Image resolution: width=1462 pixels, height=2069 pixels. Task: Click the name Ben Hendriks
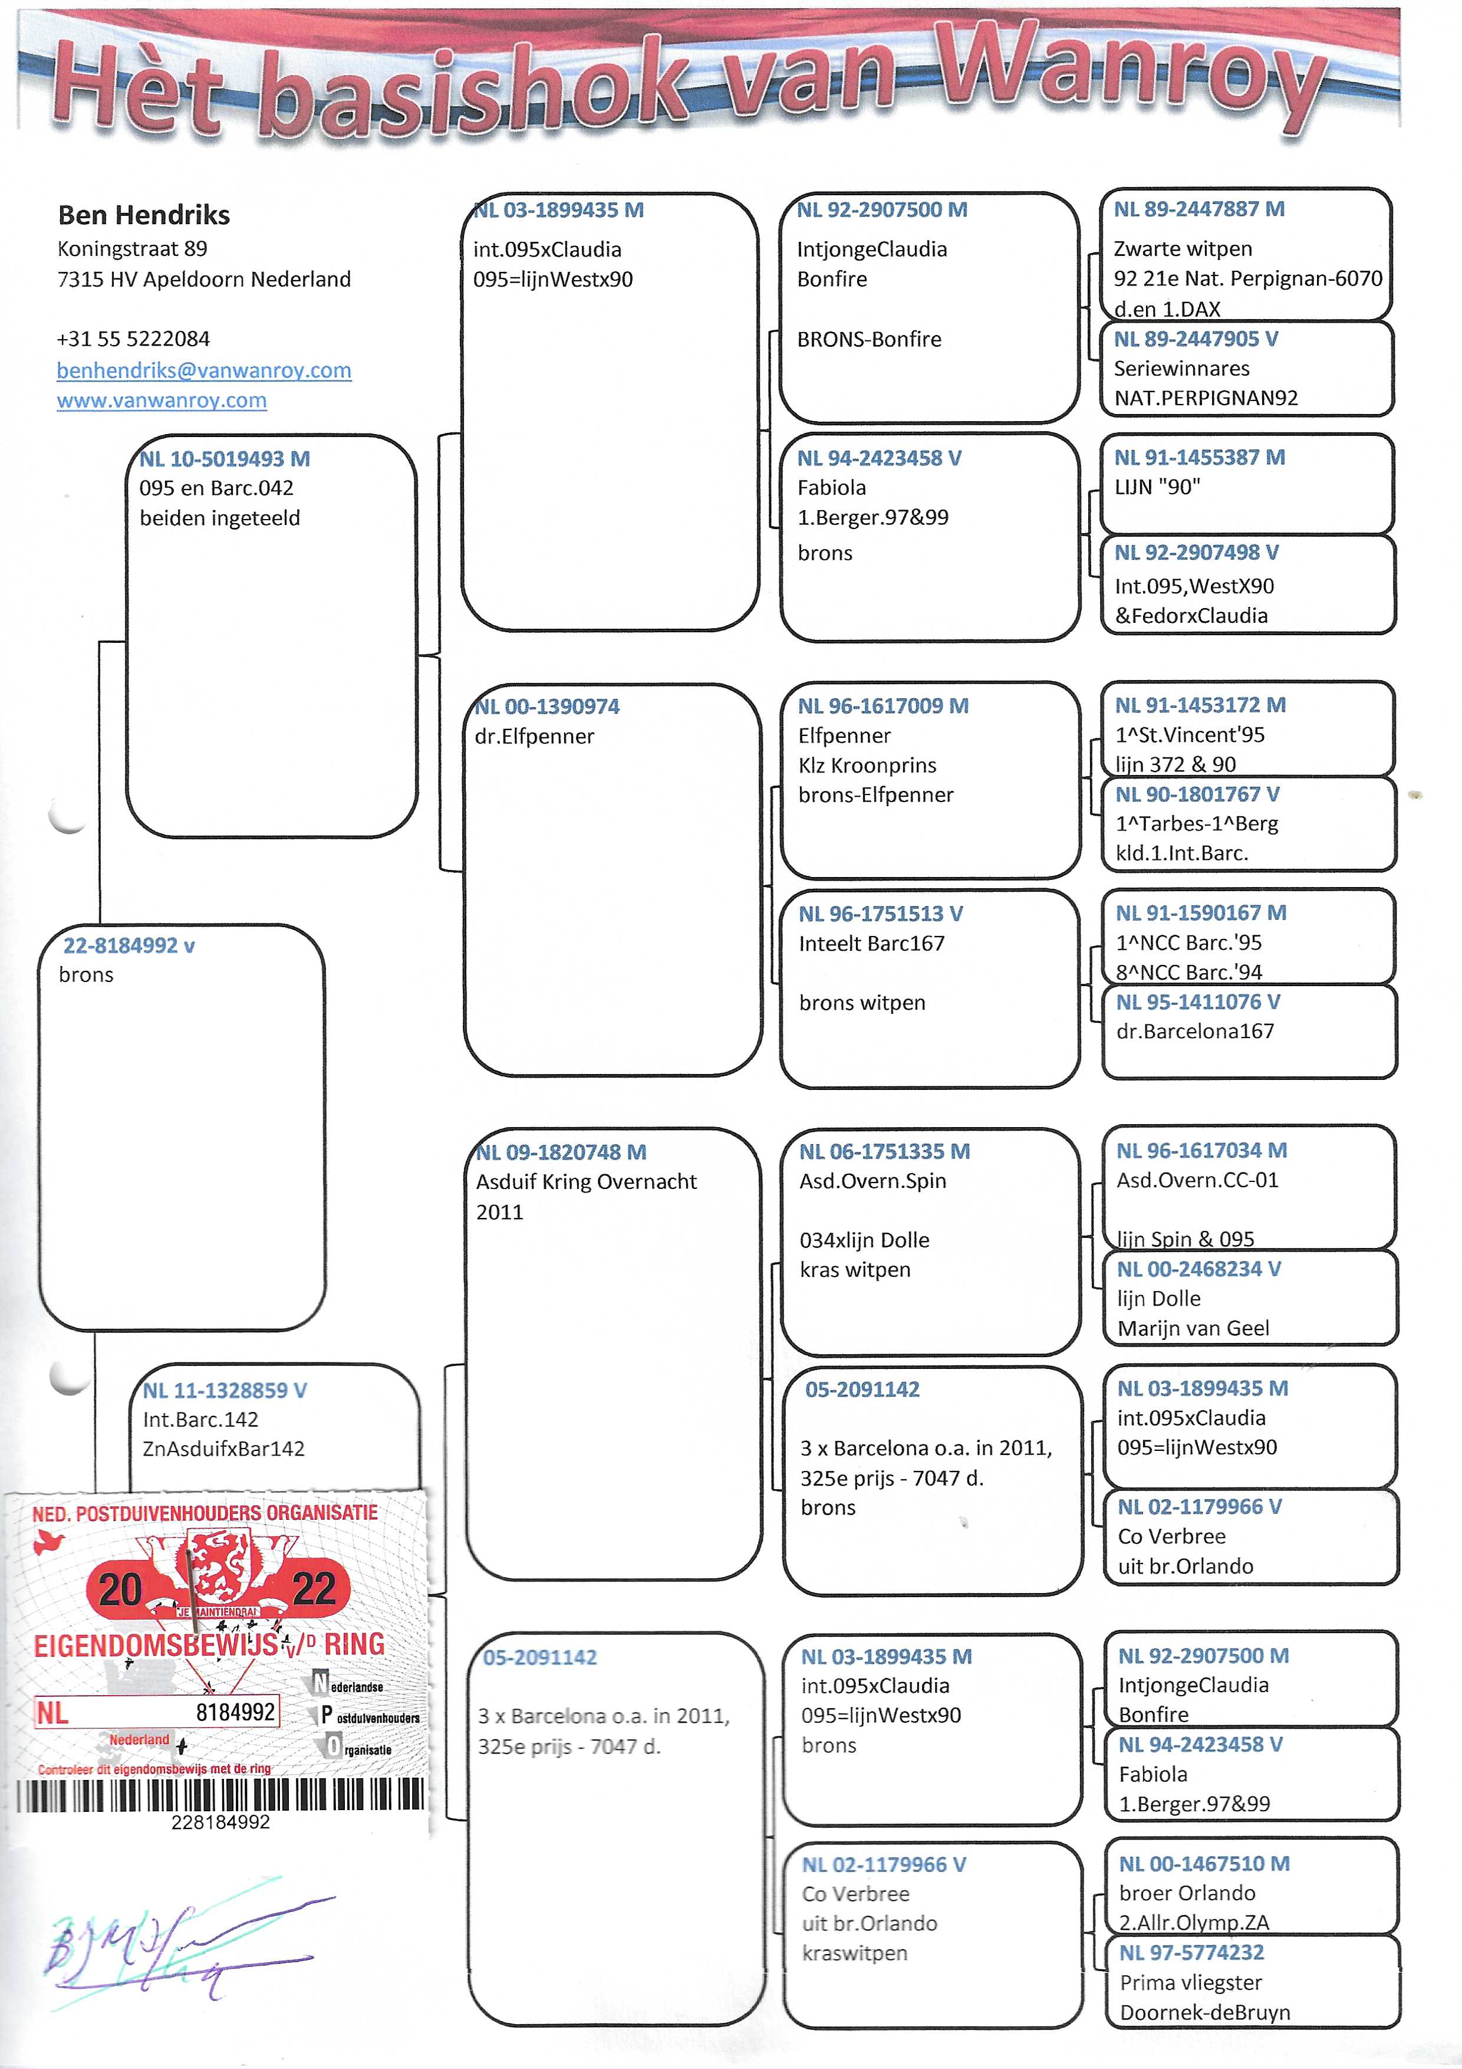pyautogui.click(x=144, y=215)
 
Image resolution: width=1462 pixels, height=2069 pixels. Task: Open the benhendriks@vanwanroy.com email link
pyautogui.click(x=203, y=370)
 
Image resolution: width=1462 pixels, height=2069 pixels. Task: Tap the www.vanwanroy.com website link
pyautogui.click(x=162, y=400)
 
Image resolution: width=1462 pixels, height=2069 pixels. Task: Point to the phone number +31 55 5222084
pyautogui.click(x=133, y=339)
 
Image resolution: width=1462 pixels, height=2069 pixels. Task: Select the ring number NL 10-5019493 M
pyautogui.click(x=224, y=459)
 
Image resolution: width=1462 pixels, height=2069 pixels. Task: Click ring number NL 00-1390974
pyautogui.click(x=547, y=707)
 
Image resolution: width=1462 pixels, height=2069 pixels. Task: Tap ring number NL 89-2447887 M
pyautogui.click(x=1199, y=209)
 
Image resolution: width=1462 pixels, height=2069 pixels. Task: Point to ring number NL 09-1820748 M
pyautogui.click(x=560, y=1152)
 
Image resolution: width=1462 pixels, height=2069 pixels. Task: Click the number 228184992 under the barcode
pyautogui.click(x=220, y=1821)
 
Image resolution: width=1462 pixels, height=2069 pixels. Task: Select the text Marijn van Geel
pyautogui.click(x=1194, y=1328)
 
